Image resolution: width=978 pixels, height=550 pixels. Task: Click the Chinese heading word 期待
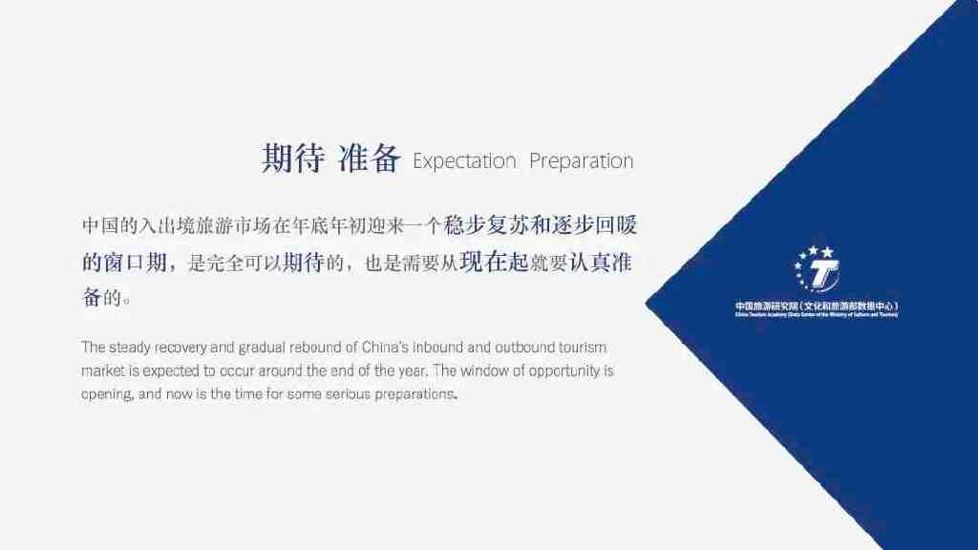[x=293, y=159]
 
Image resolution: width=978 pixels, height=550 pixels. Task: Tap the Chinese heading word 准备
[x=369, y=159]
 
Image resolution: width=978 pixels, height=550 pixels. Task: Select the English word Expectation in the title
[x=464, y=160]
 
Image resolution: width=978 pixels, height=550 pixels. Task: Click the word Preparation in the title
[x=581, y=160]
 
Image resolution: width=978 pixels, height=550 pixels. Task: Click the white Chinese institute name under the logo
[x=816, y=305]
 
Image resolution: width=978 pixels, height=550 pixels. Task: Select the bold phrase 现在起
[x=494, y=262]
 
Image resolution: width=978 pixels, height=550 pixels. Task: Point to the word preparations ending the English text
[x=416, y=392]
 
